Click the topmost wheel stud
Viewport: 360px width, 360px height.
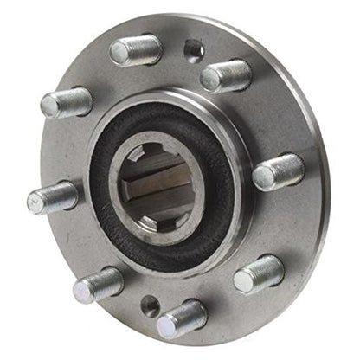click(137, 49)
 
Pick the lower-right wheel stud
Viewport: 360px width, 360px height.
click(258, 273)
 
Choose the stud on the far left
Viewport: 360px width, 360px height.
click(52, 197)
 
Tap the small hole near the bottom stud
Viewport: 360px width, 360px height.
click(151, 304)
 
